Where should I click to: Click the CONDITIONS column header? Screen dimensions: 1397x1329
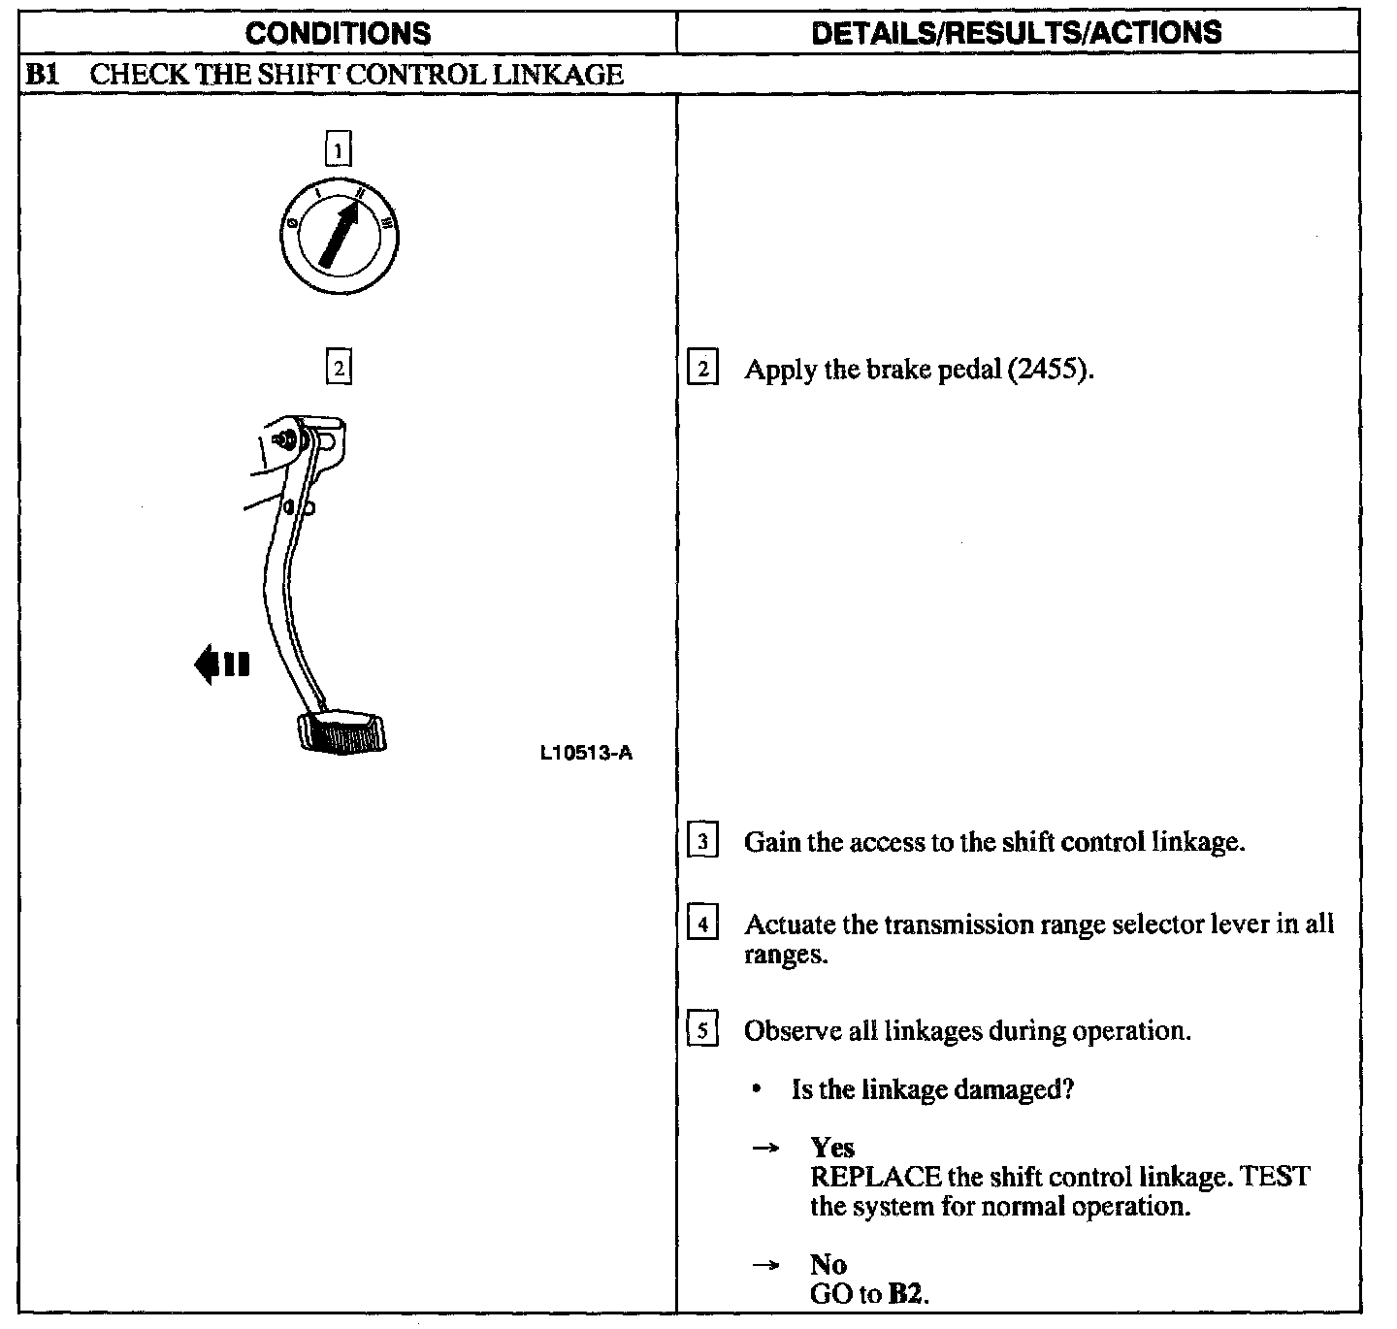coord(338,33)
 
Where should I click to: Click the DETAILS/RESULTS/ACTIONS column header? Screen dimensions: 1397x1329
coord(1016,33)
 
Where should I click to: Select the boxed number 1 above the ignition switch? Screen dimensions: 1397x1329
coord(338,150)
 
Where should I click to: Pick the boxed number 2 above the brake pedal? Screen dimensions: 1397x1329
coord(338,369)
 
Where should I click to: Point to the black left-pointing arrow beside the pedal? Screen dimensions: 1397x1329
coord(222,665)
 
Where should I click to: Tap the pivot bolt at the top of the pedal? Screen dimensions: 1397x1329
coord(287,438)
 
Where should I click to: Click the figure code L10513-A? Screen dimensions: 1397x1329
coord(586,753)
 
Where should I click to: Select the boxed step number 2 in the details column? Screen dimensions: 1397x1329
coord(703,370)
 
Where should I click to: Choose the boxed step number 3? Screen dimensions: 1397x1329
coord(703,841)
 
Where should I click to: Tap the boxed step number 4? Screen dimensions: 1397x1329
coord(703,924)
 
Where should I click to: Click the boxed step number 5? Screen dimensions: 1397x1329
coord(703,1029)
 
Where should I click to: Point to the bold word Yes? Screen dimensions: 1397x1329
coord(832,1148)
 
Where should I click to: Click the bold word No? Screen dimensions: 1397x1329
coord(828,1264)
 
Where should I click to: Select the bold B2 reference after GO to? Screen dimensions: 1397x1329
coord(906,1294)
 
